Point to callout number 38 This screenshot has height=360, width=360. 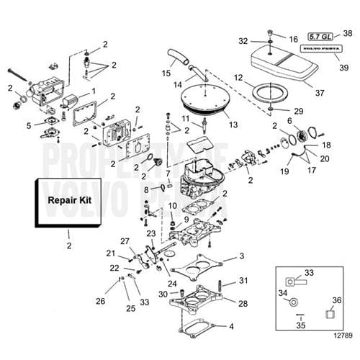(x=347, y=34)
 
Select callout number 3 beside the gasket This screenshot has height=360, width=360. (x=242, y=256)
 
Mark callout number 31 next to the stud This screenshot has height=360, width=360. (x=243, y=280)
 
